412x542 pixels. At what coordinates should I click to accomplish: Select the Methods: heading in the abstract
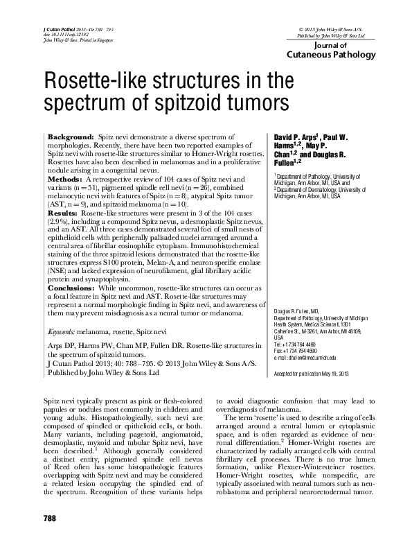point(66,178)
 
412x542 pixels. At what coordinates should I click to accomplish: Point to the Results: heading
point(64,213)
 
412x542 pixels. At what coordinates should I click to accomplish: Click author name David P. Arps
point(299,139)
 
